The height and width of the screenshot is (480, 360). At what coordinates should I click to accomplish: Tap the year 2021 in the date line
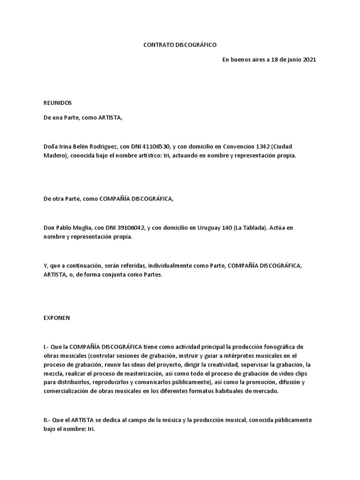point(307,60)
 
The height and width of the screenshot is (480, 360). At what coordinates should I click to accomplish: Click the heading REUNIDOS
point(57,103)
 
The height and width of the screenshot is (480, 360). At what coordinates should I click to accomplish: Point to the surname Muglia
point(81,228)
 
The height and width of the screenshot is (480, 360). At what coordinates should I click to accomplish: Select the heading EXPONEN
point(56,317)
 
